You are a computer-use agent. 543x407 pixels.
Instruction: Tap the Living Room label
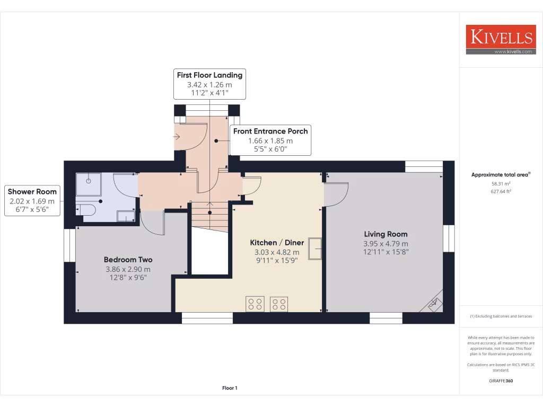386,234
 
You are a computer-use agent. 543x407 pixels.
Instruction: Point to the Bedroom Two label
128,260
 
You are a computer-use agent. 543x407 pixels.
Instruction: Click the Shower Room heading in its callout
32,191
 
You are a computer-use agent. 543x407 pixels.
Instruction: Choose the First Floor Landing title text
209,75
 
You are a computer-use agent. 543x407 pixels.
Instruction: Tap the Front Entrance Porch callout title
270,131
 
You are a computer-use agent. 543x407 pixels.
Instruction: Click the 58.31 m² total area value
501,183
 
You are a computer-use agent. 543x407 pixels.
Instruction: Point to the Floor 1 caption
230,388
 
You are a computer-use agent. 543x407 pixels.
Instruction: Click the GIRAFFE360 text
501,381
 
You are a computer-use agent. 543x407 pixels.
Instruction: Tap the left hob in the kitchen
255,304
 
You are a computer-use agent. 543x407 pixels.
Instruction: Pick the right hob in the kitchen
279,304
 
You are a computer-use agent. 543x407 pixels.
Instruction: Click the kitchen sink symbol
316,249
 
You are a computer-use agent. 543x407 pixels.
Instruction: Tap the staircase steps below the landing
211,215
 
